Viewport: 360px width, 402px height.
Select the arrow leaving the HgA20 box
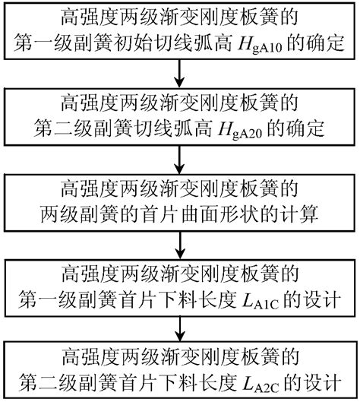(x=180, y=159)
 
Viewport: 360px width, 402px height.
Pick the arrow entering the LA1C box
(x=180, y=244)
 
